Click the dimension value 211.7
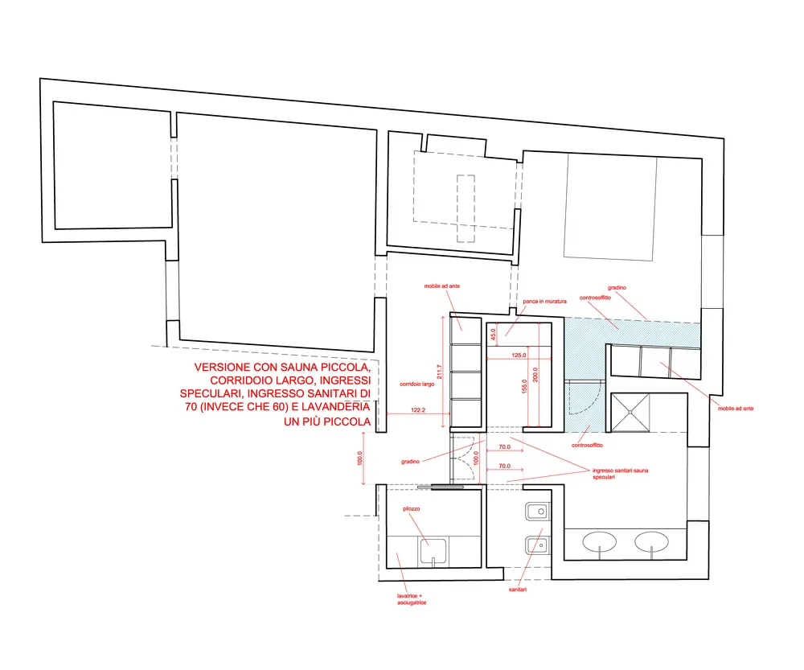pos(439,372)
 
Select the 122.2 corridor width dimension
pos(418,410)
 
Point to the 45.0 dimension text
pos(494,335)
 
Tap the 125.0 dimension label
pos(519,355)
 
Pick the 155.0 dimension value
pos(524,386)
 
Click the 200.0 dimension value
pos(535,375)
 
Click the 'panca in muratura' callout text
pos(544,301)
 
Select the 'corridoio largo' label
pos(416,384)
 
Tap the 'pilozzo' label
pos(411,508)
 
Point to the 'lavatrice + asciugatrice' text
pos(411,599)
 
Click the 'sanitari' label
pos(517,590)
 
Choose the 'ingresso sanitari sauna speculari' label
pos(620,474)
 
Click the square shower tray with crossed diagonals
pos(630,413)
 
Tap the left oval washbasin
pos(600,542)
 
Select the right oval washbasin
pos(652,542)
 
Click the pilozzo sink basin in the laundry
pos(433,551)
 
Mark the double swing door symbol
pos(464,459)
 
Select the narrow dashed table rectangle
pos(466,209)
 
